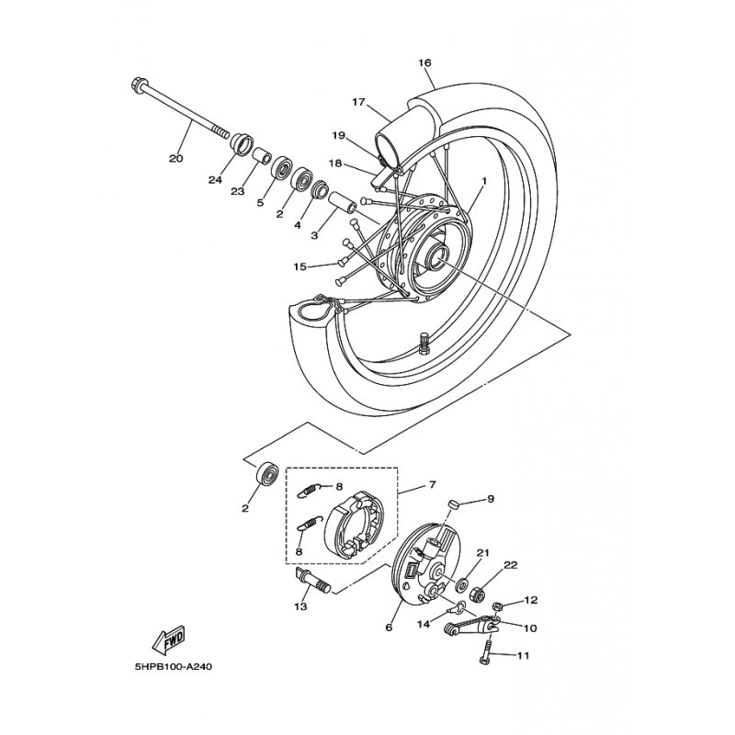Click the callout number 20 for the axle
pyautogui.click(x=175, y=158)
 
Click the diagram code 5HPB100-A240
pyautogui.click(x=173, y=666)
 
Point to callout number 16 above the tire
pyautogui.click(x=424, y=62)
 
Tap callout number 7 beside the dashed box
pyautogui.click(x=432, y=484)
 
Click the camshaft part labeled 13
pyautogui.click(x=312, y=581)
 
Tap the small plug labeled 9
pyautogui.click(x=453, y=504)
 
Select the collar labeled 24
pyautogui.click(x=242, y=144)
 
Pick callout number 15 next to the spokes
pyautogui.click(x=300, y=266)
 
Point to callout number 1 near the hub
pyautogui.click(x=484, y=180)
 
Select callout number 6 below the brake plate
pyautogui.click(x=389, y=628)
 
